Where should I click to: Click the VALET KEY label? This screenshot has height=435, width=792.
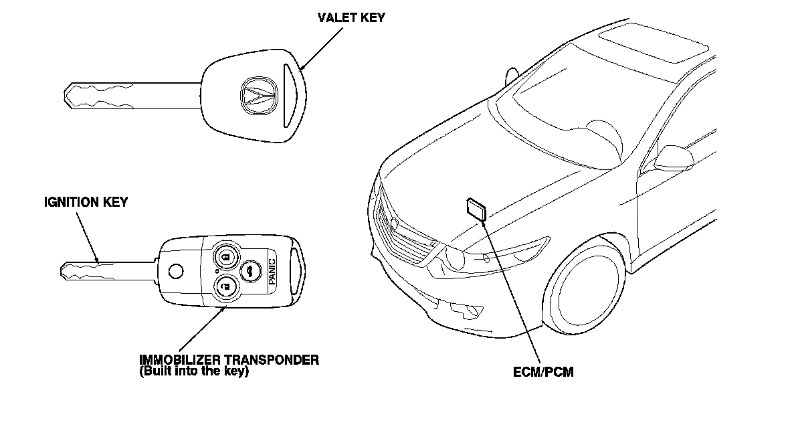point(351,18)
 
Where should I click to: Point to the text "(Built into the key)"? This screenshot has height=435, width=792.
point(194,371)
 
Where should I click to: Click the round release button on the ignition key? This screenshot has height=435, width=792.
point(176,271)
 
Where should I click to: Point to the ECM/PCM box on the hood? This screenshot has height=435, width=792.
point(476,209)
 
